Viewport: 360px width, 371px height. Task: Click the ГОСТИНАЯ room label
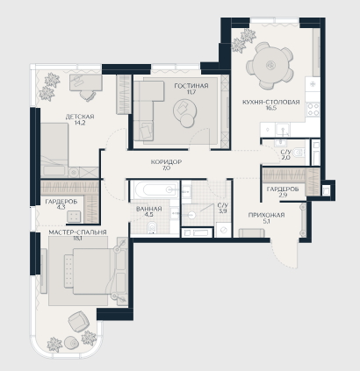coord(191,86)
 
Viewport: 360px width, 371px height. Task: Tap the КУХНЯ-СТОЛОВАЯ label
coord(271,102)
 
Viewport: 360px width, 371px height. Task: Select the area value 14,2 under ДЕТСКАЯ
coord(80,123)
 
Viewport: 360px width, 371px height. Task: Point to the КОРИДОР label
coord(166,161)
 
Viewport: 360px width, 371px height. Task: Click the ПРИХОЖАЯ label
coord(266,215)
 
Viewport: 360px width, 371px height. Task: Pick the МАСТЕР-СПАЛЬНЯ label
coord(77,232)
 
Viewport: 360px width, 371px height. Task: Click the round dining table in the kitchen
coord(270,65)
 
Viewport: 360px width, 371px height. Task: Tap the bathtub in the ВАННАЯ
coord(155,189)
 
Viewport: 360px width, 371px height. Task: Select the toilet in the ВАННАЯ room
coord(152,228)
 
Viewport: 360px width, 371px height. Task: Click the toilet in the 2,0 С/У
coord(299,152)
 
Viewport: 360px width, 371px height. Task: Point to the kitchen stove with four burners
coord(313,110)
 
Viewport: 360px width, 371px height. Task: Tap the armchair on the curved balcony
coord(77,321)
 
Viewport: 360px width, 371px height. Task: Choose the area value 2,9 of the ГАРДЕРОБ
coord(283,196)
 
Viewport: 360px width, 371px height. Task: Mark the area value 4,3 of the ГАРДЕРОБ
coord(61,207)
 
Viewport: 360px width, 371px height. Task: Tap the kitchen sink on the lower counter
coord(283,131)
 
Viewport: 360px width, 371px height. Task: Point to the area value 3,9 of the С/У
coord(222,210)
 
